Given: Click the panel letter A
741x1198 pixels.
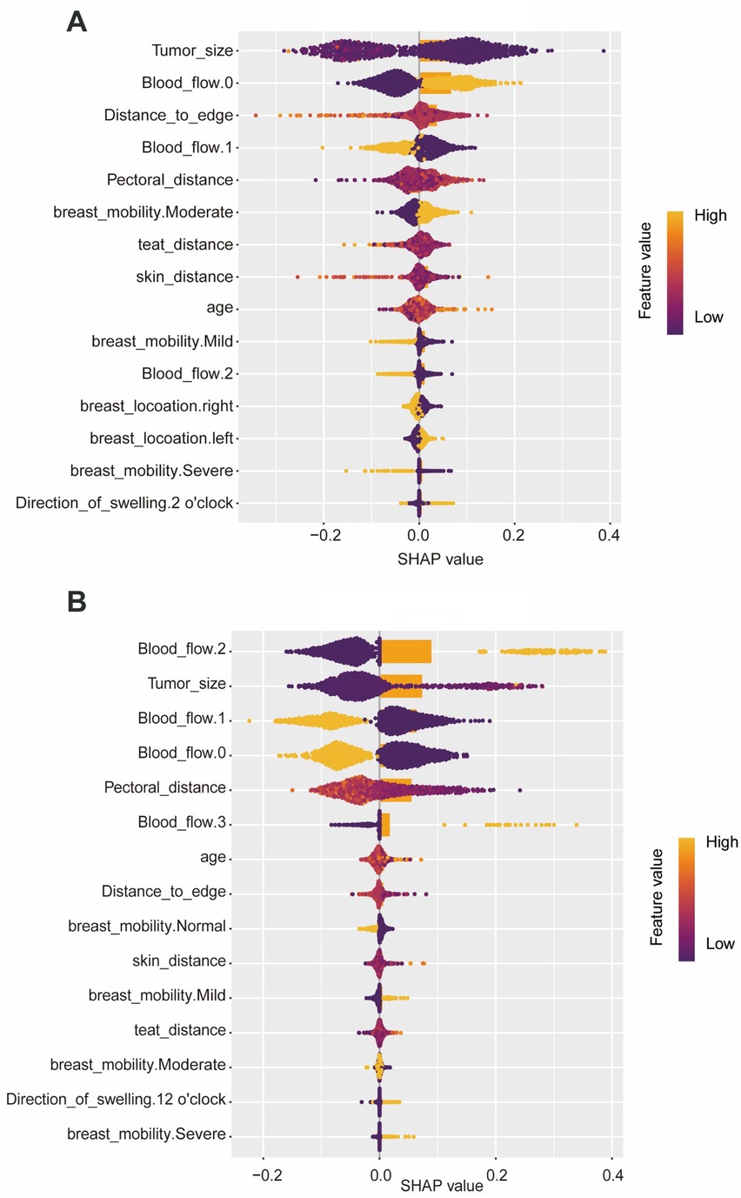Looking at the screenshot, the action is point(77,22).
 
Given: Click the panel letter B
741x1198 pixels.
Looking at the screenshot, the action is point(77,602).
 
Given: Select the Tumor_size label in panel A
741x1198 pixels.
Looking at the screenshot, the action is point(192,50).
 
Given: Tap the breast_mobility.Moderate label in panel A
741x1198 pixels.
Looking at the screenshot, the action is point(144,212).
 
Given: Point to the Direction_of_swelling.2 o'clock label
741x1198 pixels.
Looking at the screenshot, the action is point(124,503).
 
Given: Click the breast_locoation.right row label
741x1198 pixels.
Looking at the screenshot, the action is point(157,406).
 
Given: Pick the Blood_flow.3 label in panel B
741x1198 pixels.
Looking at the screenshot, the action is point(182,821).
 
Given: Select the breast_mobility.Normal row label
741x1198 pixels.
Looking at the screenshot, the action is point(147,926).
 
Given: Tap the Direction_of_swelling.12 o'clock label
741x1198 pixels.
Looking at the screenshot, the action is point(116,1099).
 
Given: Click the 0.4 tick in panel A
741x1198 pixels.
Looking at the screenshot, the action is point(609,535).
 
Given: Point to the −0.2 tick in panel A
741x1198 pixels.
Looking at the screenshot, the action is point(325,535).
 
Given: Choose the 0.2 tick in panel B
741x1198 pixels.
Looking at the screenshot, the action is point(496,1175).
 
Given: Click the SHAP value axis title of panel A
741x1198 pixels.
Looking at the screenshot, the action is point(440,559).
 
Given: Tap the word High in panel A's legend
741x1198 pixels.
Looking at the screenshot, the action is point(711,215).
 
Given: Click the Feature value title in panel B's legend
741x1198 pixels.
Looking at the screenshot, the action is point(657,897).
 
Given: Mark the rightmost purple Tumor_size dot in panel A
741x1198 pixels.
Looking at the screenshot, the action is point(604,50).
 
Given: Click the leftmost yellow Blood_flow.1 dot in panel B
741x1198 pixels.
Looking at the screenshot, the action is point(249,721).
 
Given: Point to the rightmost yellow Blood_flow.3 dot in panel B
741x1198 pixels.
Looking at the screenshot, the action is point(577,825).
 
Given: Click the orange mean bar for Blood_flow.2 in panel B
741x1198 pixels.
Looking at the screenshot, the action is point(406,652).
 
